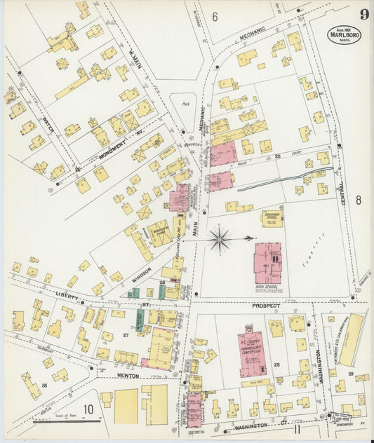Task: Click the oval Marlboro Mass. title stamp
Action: (x=344, y=35)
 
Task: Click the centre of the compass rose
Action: (x=221, y=239)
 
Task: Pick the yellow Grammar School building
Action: (x=272, y=218)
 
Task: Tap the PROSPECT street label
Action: (x=266, y=306)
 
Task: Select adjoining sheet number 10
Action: (x=89, y=410)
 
